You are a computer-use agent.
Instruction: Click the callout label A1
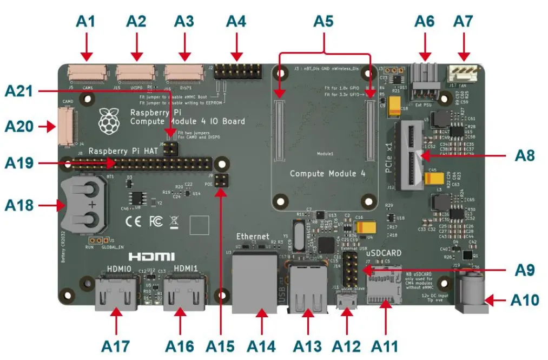tap(86, 22)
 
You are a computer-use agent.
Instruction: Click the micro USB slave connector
tap(346, 301)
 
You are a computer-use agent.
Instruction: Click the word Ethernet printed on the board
tap(253, 237)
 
